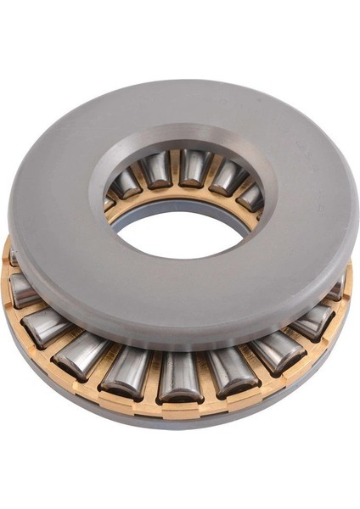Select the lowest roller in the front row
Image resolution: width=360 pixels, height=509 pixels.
180,376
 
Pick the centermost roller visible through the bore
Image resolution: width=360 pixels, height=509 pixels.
193,168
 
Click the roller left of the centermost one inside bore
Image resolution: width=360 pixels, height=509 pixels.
156,170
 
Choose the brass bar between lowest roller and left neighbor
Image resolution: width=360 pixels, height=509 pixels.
153,378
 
